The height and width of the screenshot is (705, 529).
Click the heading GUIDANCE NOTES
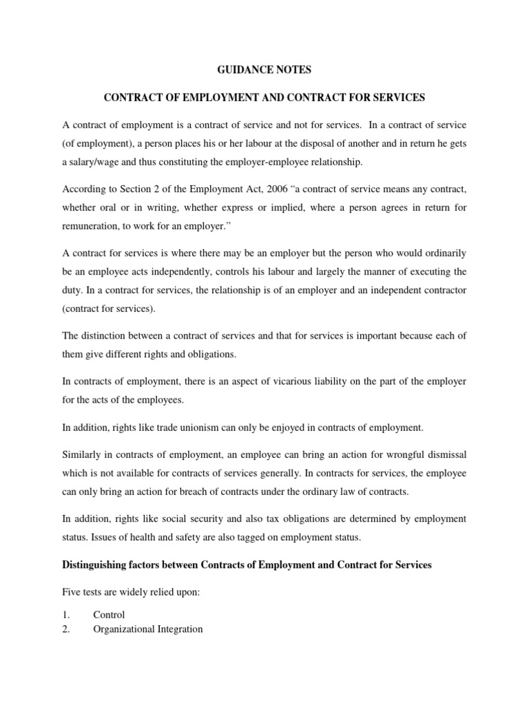(x=264, y=69)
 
